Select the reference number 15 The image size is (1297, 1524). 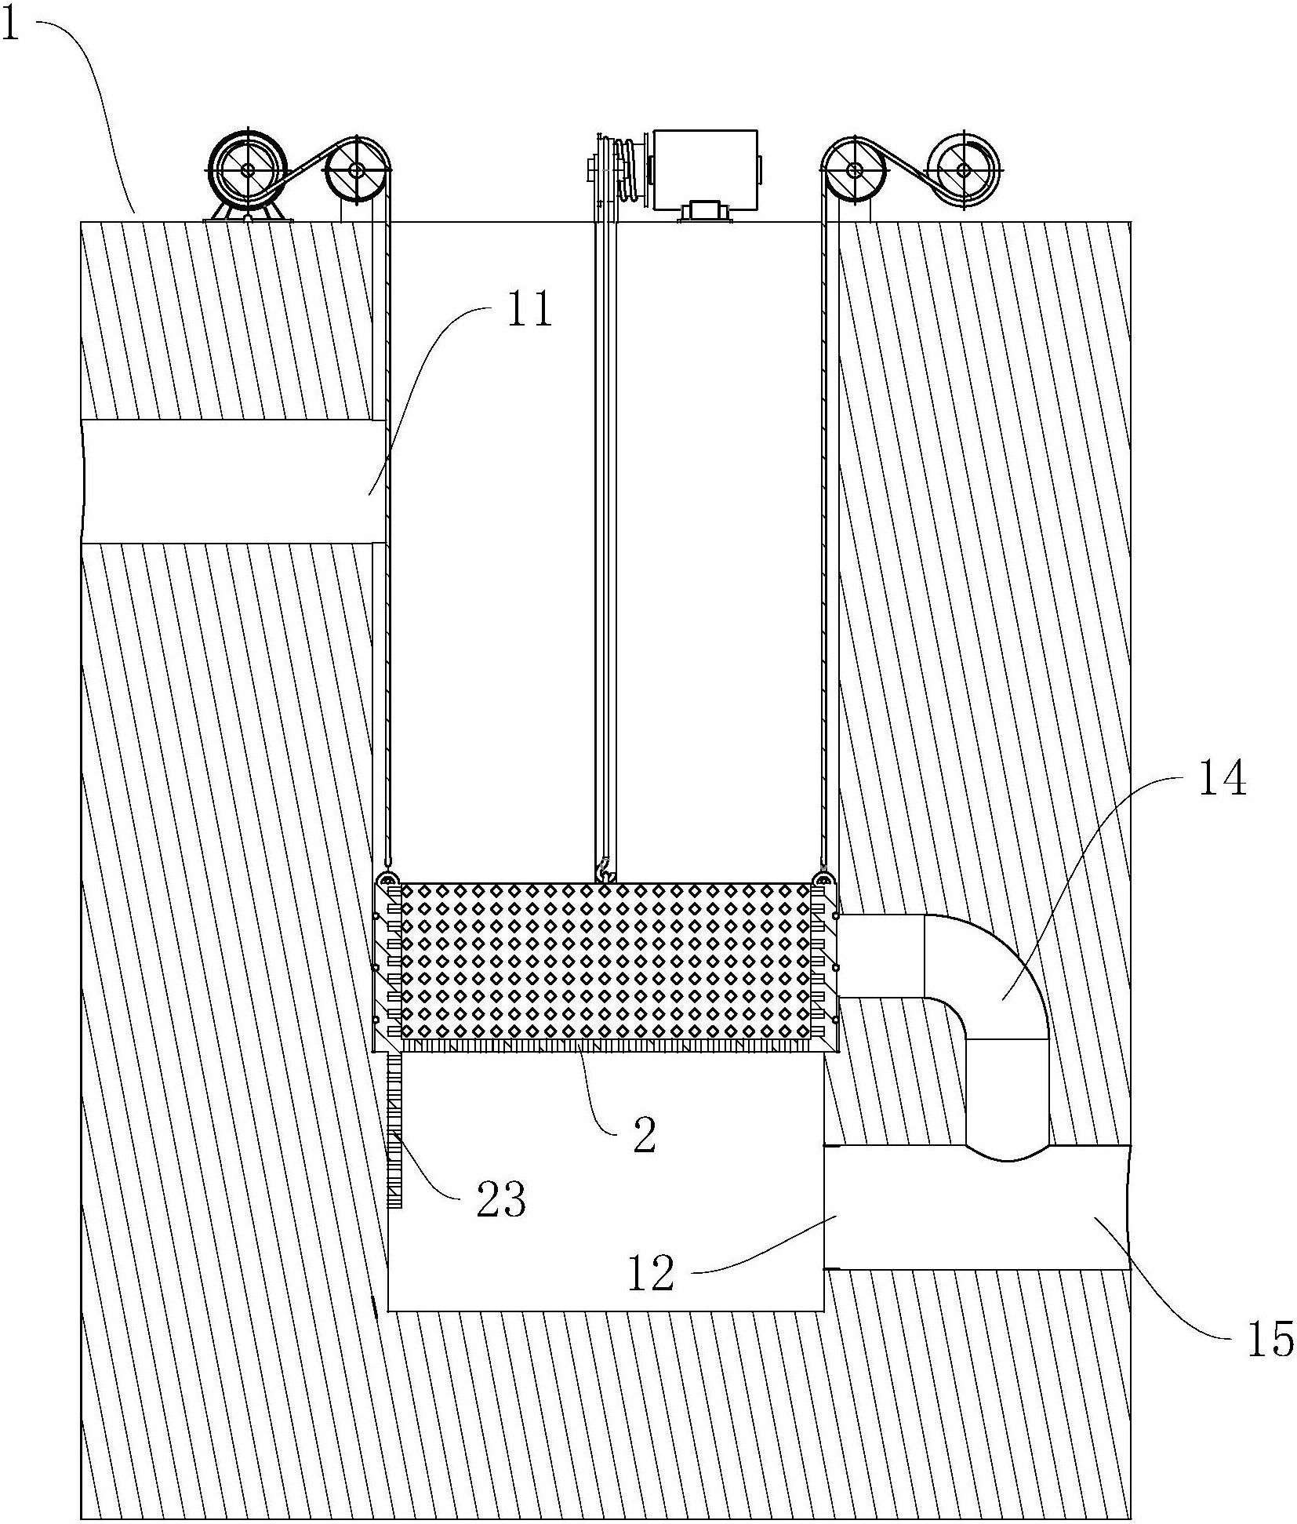tap(1270, 1339)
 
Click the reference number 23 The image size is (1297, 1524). tap(501, 1199)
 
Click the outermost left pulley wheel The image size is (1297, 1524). tap(248, 169)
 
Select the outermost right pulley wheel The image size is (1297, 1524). tap(964, 169)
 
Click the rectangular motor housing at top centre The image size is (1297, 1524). tap(705, 170)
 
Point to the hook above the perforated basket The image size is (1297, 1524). tap(605, 871)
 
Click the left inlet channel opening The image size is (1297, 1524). tap(234, 481)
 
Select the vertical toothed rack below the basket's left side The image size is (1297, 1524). tap(394, 1130)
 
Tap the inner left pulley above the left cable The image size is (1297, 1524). tap(356, 169)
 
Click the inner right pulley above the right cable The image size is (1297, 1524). tap(853, 169)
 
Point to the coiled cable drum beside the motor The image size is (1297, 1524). tap(628, 169)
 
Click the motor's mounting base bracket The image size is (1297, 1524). tap(703, 212)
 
